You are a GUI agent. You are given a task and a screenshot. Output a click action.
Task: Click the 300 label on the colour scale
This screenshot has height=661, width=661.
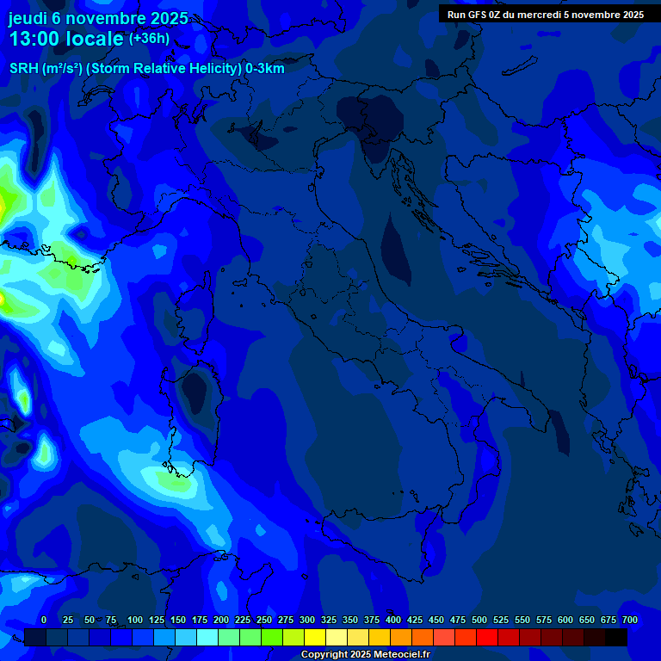[x=307, y=620]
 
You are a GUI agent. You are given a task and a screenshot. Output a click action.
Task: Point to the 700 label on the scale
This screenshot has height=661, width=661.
[x=630, y=620]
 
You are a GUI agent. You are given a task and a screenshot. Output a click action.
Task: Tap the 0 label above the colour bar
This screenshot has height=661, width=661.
[x=44, y=620]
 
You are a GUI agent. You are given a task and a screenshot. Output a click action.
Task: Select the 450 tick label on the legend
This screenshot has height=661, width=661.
[x=436, y=620]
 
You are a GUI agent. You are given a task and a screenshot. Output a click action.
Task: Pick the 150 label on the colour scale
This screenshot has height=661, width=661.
[x=178, y=620]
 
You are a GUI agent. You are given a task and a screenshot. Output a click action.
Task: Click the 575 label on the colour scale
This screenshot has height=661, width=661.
[x=544, y=620]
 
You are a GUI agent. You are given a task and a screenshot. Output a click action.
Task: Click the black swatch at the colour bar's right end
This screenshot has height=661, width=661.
[x=616, y=637]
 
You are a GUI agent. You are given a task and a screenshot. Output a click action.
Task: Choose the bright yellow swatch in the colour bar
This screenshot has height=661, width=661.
[x=315, y=637]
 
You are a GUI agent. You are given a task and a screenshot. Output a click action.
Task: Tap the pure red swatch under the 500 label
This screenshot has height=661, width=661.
[x=487, y=637]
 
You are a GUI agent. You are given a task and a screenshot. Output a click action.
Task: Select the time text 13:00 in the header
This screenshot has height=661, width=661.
[x=35, y=40]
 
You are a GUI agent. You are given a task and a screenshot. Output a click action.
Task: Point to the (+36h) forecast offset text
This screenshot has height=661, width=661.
[x=149, y=39]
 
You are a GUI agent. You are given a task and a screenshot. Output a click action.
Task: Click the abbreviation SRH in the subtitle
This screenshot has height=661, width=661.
[x=23, y=69]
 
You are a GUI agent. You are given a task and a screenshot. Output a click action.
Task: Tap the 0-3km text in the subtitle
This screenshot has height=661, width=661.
[x=265, y=69]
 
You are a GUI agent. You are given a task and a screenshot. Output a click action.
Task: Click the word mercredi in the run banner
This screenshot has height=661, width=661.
[x=540, y=14]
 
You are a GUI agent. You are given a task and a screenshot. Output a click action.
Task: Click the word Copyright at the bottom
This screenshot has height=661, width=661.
[x=325, y=655]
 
